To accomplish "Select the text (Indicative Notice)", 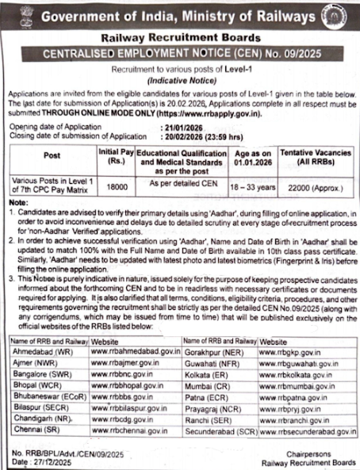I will pos(182,82).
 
